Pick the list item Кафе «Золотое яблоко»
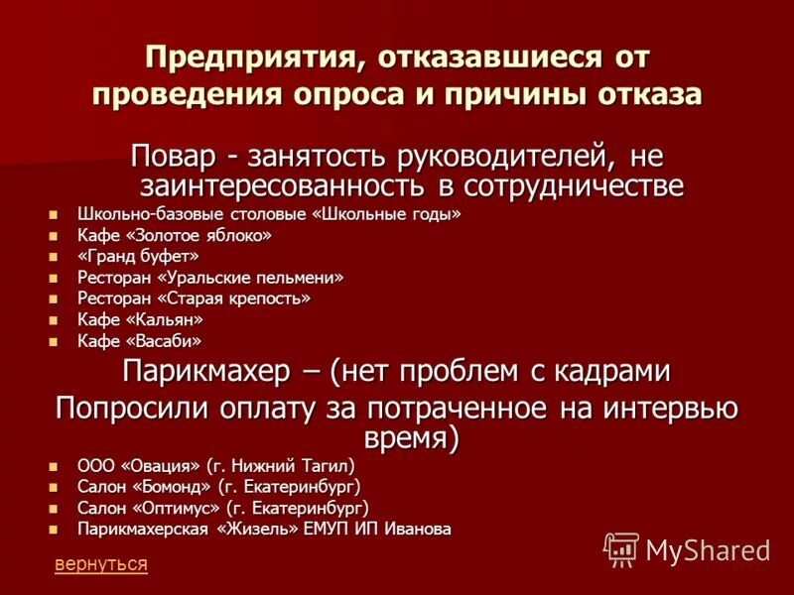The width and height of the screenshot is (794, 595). [173, 236]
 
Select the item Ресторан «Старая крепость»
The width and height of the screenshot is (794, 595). [194, 298]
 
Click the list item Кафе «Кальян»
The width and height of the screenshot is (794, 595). [140, 320]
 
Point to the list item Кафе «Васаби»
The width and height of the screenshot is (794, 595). [138, 341]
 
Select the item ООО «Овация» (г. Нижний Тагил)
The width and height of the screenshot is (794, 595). [215, 465]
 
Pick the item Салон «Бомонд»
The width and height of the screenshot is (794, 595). [218, 486]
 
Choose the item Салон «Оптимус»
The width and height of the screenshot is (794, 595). [222, 507]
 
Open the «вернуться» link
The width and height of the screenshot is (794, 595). [101, 564]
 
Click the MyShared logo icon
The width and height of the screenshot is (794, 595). [621, 549]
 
